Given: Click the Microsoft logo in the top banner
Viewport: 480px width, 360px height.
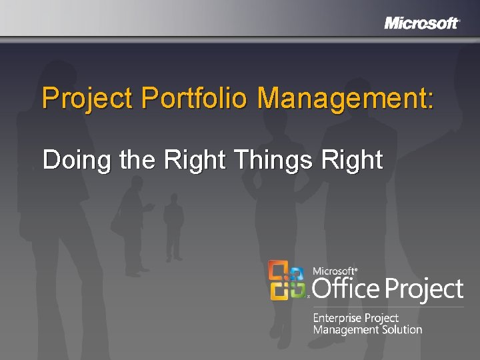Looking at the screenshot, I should [421, 23].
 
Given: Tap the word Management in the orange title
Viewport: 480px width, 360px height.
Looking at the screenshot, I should [341, 99].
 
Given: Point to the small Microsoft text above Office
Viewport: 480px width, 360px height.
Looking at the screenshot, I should [334, 271].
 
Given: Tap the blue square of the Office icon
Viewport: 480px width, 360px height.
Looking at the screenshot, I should [297, 271].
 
